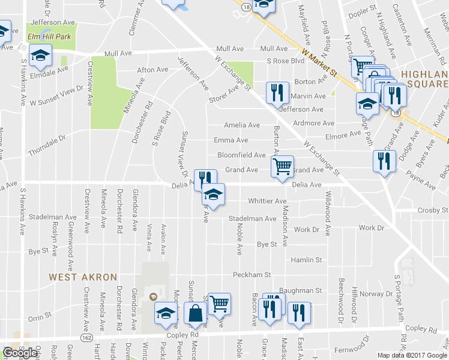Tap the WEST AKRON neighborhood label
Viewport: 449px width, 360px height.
click(74, 277)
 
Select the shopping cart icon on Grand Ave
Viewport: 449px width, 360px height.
click(282, 166)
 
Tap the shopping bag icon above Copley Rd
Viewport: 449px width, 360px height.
click(196, 313)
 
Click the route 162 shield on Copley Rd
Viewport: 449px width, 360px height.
click(88, 338)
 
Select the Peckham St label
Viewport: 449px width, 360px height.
click(249, 275)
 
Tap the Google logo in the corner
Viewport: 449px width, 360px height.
click(20, 353)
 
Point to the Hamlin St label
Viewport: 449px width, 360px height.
click(306, 260)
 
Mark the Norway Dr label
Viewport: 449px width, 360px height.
click(376, 294)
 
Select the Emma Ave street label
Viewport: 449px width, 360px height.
click(231, 140)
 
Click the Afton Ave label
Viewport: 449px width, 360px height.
click(152, 70)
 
